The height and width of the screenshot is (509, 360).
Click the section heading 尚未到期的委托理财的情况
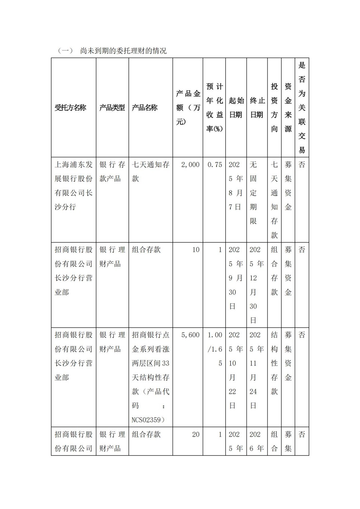pyautogui.click(x=123, y=51)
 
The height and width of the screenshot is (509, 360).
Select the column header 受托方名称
pyautogui.click(x=71, y=108)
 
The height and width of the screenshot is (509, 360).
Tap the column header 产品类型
pyautogui.click(x=112, y=108)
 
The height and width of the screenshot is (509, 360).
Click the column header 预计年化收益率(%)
pyautogui.click(x=215, y=108)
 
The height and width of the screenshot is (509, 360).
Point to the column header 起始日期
pyautogui.click(x=236, y=108)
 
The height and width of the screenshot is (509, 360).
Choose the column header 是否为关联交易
pyautogui.click(x=302, y=108)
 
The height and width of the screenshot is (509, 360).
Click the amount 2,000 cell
pyautogui.click(x=190, y=165)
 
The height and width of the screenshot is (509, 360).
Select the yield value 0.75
pyautogui.click(x=215, y=165)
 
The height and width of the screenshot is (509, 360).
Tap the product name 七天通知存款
pyautogui.click(x=150, y=171)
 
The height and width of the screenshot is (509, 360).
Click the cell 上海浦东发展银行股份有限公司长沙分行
pyautogui.click(x=73, y=186)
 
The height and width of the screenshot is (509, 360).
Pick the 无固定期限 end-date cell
pyautogui.click(x=253, y=193)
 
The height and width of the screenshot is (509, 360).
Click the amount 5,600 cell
pyautogui.click(x=190, y=335)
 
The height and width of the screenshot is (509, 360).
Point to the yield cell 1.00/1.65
pyautogui.click(x=215, y=349)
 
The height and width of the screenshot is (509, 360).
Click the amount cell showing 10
pyautogui.click(x=195, y=250)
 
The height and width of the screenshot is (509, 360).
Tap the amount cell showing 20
pyautogui.click(x=195, y=434)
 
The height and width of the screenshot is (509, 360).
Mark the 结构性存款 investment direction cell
pyautogui.click(x=274, y=363)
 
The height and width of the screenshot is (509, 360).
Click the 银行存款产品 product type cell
pyautogui.click(x=112, y=171)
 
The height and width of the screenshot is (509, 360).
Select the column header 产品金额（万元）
pyautogui.click(x=188, y=108)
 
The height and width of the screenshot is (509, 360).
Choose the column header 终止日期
pyautogui.click(x=257, y=108)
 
